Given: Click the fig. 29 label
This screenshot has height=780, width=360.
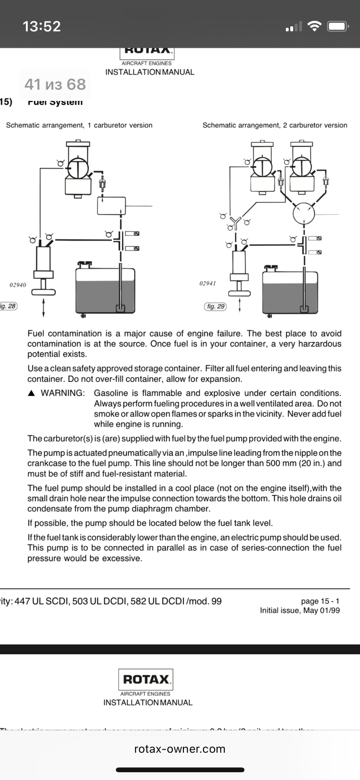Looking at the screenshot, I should pyautogui.click(x=215, y=307).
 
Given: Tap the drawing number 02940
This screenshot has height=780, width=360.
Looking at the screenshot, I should pyautogui.click(x=18, y=285).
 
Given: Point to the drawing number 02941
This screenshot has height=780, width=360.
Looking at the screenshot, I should pyautogui.click(x=207, y=283).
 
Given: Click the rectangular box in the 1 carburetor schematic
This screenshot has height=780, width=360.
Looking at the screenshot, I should pyautogui.click(x=112, y=205).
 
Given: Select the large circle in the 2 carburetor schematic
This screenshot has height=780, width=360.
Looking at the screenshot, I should pyautogui.click(x=303, y=213).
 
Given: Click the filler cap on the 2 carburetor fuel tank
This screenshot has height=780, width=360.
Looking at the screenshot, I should pyautogui.click(x=271, y=268).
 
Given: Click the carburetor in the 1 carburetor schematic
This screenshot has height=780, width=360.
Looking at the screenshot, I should pyautogui.click(x=78, y=168).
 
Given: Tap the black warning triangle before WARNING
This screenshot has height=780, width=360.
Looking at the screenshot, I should pyautogui.click(x=31, y=393).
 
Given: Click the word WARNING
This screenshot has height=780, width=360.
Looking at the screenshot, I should pyautogui.click(x=63, y=393).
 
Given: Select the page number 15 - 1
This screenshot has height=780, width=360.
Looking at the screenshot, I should pyautogui.click(x=320, y=602).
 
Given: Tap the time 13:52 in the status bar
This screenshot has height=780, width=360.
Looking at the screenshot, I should pyautogui.click(x=41, y=26).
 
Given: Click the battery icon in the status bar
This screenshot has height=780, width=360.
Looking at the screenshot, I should pyautogui.click(x=337, y=26).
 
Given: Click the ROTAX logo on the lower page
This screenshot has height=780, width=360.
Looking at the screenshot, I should pyautogui.click(x=146, y=679).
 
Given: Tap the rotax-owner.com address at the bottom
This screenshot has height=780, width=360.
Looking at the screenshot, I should pyautogui.click(x=180, y=749).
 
